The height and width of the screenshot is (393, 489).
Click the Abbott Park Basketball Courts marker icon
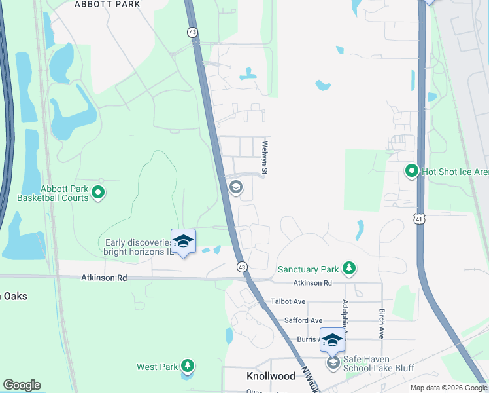point(98,193)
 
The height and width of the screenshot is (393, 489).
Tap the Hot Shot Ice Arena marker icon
point(411,172)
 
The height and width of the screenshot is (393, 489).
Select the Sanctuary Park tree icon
point(350,269)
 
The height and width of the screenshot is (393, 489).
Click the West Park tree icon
point(188,366)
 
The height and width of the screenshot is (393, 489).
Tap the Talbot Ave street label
point(288,301)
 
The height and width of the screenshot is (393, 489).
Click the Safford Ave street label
point(303,320)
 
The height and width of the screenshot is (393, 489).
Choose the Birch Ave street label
point(380,324)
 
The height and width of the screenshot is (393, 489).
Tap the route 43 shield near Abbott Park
point(192,31)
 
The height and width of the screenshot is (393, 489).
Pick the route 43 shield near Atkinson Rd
point(241,267)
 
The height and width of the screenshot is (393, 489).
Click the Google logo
point(22,385)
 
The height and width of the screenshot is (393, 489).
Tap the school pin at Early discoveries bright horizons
point(183,242)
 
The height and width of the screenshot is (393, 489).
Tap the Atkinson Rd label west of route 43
point(104,278)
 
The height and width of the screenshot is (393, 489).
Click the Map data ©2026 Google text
point(449,388)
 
